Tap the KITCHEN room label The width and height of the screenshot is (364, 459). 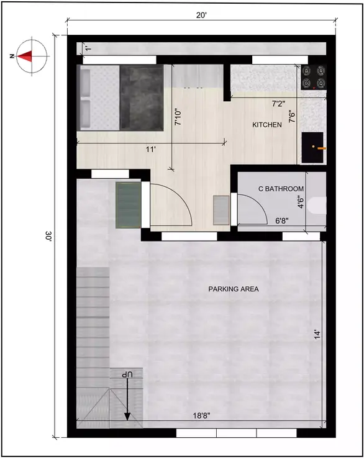click(x=267, y=125)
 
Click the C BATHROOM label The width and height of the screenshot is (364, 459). click(x=281, y=189)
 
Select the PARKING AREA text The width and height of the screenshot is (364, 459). click(x=234, y=289)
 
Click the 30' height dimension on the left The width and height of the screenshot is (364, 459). click(x=48, y=237)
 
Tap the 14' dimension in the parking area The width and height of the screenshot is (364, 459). click(x=317, y=334)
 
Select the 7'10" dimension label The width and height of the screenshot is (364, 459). click(x=178, y=116)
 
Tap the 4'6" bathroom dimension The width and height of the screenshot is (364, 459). click(x=301, y=202)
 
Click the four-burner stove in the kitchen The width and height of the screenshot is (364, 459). click(x=314, y=76)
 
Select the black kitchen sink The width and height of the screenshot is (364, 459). click(x=313, y=147)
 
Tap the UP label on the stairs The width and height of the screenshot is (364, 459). click(x=127, y=376)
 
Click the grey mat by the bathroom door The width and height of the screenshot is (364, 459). click(x=221, y=210)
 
